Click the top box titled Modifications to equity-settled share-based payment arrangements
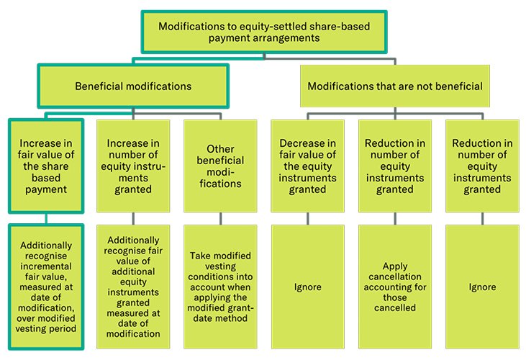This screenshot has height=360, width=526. (263, 31)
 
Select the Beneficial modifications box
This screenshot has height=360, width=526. (133, 86)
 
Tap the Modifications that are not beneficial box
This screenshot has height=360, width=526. (394, 86)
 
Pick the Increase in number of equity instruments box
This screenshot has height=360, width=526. (133, 166)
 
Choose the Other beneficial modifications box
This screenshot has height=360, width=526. (220, 166)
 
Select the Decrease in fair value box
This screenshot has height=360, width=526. (307, 166)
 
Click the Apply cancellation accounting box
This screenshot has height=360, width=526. (394, 287)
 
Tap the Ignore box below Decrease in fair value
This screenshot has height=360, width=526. (307, 287)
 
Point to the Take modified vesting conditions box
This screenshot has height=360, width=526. (220, 287)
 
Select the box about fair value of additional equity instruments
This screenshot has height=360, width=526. (133, 287)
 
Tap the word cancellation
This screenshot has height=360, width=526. (394, 276)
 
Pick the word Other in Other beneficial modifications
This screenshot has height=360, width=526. (220, 149)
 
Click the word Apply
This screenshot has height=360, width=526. (394, 266)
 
